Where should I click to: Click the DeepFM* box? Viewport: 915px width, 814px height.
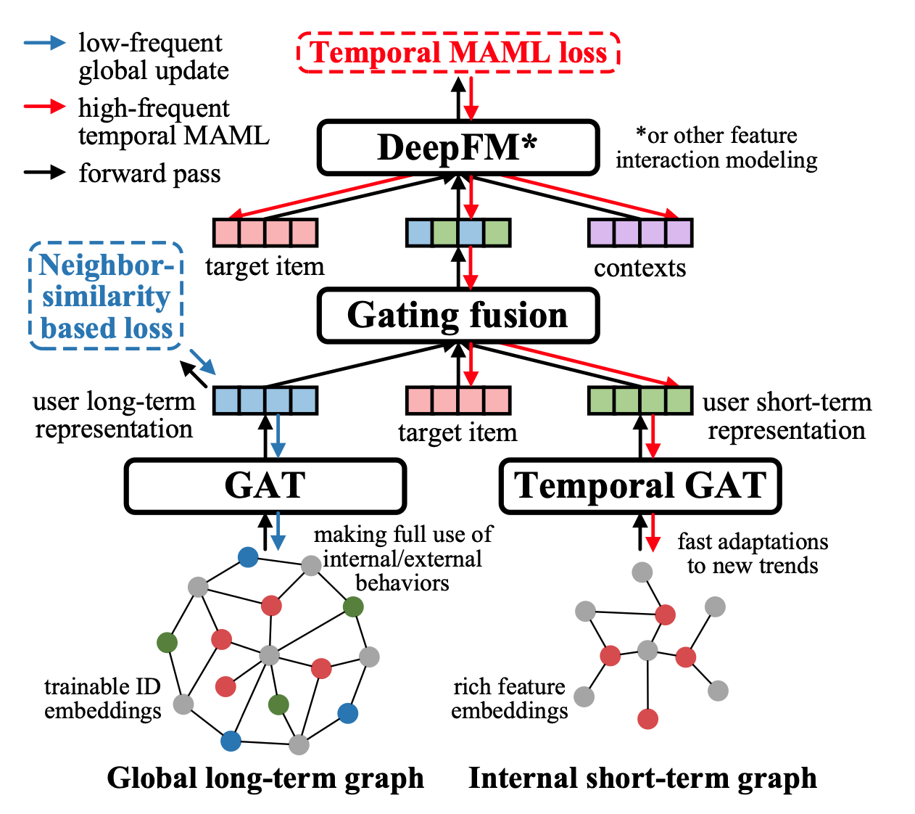[x=457, y=147]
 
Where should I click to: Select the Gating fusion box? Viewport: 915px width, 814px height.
[x=457, y=316]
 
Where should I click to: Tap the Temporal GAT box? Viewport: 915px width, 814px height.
[x=639, y=485]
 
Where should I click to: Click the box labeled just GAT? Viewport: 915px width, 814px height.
[x=265, y=485]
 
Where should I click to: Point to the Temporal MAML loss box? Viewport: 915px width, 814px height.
[x=458, y=53]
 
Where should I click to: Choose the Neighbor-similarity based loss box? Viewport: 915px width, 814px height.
[x=106, y=297]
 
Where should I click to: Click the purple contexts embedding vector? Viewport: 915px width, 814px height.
[x=639, y=233]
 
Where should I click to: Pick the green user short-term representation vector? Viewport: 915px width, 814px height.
[x=639, y=400]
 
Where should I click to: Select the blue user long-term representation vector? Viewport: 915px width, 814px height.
[x=265, y=400]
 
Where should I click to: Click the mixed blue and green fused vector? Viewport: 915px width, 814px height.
[x=457, y=233]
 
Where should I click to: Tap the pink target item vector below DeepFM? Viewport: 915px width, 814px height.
[x=265, y=233]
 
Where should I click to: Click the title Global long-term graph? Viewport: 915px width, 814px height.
[x=265, y=778]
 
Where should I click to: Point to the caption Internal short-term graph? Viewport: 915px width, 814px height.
[x=642, y=778]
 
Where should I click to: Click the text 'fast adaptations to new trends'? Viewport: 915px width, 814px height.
[x=753, y=554]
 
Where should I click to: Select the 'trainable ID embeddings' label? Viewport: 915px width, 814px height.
[x=102, y=698]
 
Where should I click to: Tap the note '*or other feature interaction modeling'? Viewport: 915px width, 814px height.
[x=716, y=147]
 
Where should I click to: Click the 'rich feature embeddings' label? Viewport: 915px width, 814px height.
[x=509, y=698]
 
